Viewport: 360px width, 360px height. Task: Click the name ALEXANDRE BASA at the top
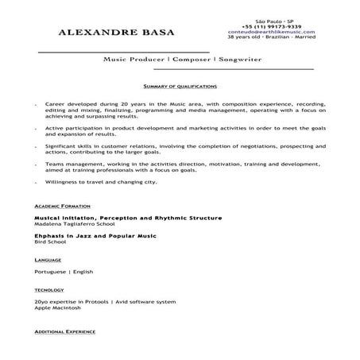117,33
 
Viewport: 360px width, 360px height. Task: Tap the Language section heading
48,260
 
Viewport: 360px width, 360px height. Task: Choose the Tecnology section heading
50,290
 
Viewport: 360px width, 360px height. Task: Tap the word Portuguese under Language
52,272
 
